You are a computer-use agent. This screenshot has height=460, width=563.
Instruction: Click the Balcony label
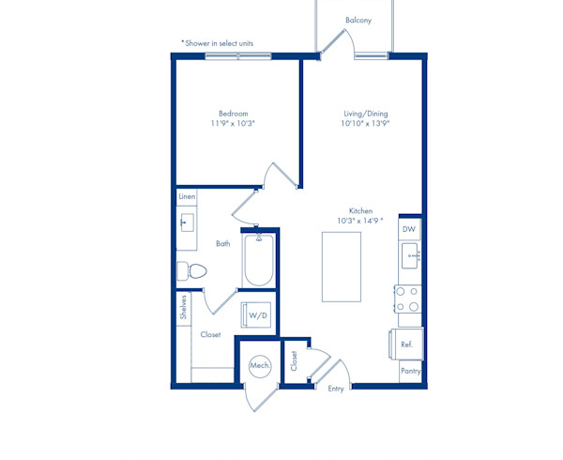[x=358, y=20]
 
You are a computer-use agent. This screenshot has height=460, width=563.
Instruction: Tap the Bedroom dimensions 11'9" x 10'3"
[x=233, y=124]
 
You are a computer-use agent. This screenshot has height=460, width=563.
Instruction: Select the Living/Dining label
[x=366, y=114]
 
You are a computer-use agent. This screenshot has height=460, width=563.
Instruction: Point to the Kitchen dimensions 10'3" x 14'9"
[x=359, y=221]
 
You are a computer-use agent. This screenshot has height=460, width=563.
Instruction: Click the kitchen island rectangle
[x=342, y=267]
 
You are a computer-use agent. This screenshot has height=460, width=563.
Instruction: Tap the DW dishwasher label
[x=408, y=229]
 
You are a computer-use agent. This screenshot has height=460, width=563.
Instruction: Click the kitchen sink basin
[x=410, y=255]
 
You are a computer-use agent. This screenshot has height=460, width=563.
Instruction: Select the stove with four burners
[x=407, y=299]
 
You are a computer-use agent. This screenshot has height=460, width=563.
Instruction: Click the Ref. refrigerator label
[x=407, y=345]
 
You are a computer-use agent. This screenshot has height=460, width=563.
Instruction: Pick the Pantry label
[x=411, y=371]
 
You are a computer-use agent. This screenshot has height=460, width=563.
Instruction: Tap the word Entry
[x=336, y=389]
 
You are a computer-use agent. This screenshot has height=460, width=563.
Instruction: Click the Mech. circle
[x=260, y=366]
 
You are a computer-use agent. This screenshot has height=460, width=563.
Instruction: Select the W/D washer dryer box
[x=255, y=314]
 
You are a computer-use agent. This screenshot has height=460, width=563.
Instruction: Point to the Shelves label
[x=184, y=307]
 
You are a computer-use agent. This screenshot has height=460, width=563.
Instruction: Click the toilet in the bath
[x=191, y=271]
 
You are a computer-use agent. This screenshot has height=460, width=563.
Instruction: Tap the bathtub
[x=259, y=260]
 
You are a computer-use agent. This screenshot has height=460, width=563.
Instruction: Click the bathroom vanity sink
[x=187, y=222]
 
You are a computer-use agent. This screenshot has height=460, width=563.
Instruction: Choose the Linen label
[x=187, y=196]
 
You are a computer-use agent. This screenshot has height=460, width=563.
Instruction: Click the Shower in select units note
[x=218, y=43]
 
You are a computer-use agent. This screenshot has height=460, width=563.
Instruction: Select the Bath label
[x=223, y=243]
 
